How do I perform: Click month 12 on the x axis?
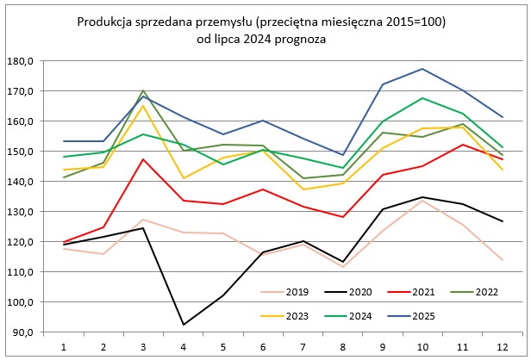tap(500, 346)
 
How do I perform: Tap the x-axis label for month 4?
tap(184, 346)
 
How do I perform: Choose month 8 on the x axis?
tap(341, 346)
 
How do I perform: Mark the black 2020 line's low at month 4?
tap(184, 325)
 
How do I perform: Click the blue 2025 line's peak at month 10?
tap(422, 69)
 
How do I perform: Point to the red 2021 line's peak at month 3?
tap(144, 159)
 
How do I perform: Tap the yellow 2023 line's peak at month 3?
tap(144, 106)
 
